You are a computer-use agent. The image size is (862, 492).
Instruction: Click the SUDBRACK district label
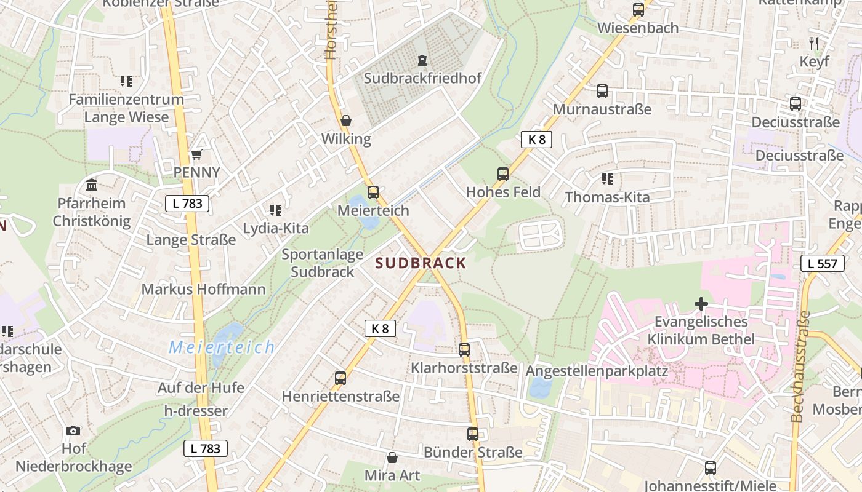421,263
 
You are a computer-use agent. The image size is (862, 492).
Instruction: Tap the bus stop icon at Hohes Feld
503,174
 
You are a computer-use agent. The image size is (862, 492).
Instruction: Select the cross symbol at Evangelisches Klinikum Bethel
701,304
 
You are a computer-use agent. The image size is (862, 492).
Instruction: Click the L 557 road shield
822,264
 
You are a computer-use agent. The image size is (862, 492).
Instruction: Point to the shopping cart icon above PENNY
196,154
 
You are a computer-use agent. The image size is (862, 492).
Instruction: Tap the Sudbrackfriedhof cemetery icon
422,60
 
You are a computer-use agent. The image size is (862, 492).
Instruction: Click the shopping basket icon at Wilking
346,121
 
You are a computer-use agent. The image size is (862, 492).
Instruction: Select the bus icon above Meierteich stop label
373,192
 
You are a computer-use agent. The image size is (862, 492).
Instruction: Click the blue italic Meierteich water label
222,347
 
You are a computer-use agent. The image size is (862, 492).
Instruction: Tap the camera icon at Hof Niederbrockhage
73,430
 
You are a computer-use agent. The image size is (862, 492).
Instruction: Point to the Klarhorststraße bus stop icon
464,350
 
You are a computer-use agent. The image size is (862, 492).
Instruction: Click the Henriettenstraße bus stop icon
340,378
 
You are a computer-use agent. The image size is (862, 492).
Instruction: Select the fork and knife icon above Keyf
814,43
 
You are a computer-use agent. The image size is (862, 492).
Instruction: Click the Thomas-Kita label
607,197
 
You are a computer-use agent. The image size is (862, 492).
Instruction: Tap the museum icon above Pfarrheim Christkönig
92,184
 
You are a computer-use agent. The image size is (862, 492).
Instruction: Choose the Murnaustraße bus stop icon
602,91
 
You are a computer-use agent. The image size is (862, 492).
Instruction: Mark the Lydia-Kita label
276,228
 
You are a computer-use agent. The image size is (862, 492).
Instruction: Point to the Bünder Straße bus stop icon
472,434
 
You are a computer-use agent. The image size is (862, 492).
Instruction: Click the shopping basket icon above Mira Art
392,458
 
